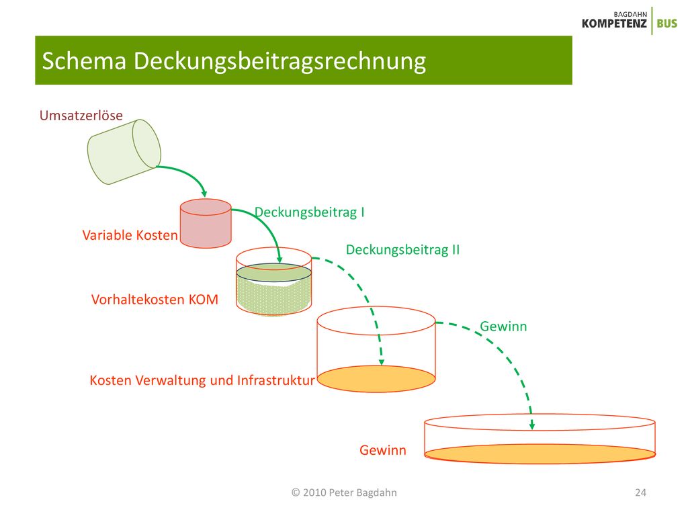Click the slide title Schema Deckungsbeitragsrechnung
(234, 60)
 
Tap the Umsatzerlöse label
(81, 116)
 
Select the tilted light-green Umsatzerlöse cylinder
(124, 152)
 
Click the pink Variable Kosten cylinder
(206, 223)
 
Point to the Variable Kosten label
(130, 235)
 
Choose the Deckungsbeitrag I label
(310, 212)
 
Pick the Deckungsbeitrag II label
(403, 250)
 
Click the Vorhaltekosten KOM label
(155, 300)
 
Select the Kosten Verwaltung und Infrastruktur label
(202, 380)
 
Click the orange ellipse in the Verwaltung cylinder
(376, 379)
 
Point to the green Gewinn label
(503, 327)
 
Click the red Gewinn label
(382, 450)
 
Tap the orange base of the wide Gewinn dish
(540, 454)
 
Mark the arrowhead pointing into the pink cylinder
(204, 193)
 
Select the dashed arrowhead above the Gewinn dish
(532, 425)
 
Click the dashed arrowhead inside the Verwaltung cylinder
(382, 361)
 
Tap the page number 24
(640, 492)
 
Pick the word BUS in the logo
(667, 24)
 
